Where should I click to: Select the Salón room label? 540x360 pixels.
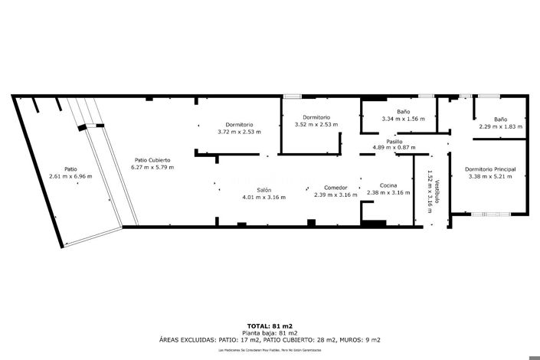(x=263, y=190)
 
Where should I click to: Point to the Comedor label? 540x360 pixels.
(x=335, y=188)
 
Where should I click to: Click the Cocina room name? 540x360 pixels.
(x=388, y=186)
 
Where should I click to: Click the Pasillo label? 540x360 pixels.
(x=394, y=141)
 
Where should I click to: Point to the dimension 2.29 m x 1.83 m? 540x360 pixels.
(x=500, y=126)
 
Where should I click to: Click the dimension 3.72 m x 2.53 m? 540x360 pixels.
(x=239, y=132)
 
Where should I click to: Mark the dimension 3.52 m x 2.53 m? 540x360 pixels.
(x=316, y=124)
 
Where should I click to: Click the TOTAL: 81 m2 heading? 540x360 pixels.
(x=270, y=326)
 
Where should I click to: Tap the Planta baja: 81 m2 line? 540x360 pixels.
(x=270, y=332)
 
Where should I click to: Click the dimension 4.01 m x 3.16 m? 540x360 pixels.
(x=263, y=197)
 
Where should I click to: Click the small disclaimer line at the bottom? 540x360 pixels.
(x=270, y=349)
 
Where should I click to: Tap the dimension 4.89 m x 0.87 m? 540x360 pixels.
(x=394, y=147)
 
